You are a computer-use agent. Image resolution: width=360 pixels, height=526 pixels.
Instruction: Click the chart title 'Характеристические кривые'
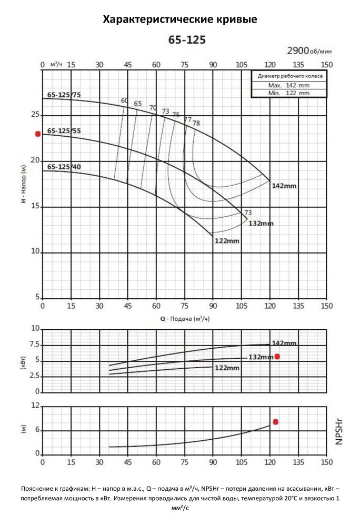[180, 20]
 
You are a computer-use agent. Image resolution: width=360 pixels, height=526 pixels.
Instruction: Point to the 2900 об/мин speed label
[309, 51]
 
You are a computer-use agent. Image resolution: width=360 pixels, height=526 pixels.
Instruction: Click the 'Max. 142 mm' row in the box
[288, 85]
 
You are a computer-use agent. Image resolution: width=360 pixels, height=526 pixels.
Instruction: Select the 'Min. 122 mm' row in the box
[288, 93]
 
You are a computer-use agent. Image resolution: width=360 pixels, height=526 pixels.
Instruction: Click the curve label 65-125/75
[64, 95]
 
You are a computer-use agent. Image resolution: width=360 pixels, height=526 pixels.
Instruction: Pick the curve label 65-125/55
[64, 130]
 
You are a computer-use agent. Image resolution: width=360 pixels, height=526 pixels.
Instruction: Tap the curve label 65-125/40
[64, 167]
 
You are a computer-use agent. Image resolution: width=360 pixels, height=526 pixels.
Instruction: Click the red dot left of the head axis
[38, 134]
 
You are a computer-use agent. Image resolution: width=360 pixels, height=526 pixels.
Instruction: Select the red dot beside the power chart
[277, 357]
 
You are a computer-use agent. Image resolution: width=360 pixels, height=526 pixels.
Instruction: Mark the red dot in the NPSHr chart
[275, 422]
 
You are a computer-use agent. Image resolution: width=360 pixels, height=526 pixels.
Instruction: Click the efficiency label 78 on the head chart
[196, 124]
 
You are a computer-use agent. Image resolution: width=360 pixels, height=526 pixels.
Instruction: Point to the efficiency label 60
[124, 100]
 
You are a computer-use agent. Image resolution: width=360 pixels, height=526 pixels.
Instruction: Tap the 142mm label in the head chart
[284, 186]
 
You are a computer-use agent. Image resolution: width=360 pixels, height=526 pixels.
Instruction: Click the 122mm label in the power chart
[227, 368]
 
